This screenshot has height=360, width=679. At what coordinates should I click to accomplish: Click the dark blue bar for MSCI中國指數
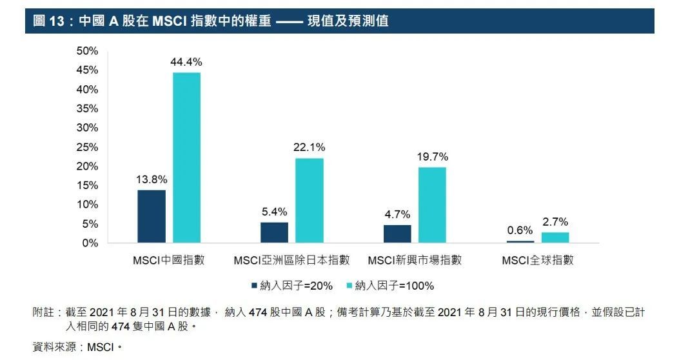coord(152,216)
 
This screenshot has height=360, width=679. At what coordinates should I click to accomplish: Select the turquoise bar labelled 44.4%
coord(186,157)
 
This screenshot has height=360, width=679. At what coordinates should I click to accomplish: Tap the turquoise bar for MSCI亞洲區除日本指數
coord(310,201)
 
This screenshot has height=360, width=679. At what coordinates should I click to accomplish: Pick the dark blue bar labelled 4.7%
coord(397,234)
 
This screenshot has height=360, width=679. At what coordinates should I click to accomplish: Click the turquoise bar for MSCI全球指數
coord(555,237)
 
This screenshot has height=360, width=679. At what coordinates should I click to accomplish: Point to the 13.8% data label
coord(152,179)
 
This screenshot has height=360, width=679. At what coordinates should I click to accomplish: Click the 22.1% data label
coord(310,147)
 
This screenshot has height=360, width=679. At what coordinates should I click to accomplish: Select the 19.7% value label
coord(432,157)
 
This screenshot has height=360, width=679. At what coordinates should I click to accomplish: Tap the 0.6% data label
coord(520,230)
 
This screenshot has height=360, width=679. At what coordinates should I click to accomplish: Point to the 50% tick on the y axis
coord(87,50)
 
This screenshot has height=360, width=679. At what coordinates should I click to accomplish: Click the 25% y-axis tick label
coord(87,147)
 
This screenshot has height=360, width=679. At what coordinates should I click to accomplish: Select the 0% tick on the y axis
coord(90,243)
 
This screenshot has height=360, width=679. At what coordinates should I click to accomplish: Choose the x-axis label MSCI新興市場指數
coord(415,261)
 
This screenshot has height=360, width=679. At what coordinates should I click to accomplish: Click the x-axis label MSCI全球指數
coord(538,261)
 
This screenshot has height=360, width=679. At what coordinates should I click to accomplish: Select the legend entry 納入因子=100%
coord(390,285)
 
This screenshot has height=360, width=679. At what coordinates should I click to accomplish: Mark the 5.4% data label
coord(274,211)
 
